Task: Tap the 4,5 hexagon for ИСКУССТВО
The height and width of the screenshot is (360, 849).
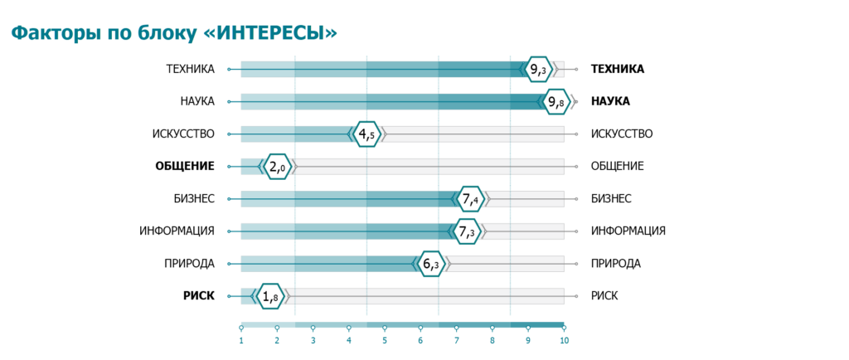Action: (366, 134)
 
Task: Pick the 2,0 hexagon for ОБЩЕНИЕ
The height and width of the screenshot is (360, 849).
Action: (277, 166)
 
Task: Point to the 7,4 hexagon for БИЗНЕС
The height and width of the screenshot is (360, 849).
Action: (471, 198)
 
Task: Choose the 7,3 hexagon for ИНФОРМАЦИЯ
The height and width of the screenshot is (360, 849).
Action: (467, 231)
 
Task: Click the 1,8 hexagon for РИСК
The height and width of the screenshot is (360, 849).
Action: (269, 295)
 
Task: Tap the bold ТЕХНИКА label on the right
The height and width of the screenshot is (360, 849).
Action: (617, 69)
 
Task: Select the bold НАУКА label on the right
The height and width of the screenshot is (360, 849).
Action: (610, 101)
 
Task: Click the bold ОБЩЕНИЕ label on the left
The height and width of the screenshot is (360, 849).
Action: (185, 166)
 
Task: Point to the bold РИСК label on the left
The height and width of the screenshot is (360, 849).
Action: (199, 295)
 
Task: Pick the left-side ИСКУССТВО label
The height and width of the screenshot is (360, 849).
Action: (183, 134)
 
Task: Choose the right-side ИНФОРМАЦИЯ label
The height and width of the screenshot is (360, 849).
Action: (628, 231)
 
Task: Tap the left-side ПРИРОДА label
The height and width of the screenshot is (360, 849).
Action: (190, 264)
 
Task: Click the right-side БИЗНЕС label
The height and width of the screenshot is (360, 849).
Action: (611, 198)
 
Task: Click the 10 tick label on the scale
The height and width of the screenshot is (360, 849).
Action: (564, 340)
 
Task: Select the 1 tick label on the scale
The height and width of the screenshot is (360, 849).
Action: (241, 340)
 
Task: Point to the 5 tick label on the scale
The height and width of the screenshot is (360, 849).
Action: (385, 340)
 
